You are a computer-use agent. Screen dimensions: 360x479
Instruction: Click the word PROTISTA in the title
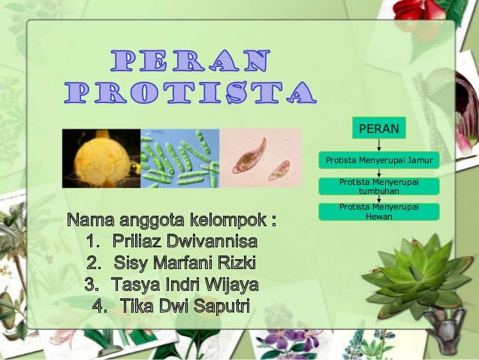[190, 92]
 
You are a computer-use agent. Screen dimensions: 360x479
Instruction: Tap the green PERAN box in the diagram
[378, 129]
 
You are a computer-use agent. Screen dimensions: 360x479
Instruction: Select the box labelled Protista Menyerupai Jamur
[378, 160]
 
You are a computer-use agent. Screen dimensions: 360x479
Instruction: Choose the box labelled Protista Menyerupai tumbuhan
[378, 186]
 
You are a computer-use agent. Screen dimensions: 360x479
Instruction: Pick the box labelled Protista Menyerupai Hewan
[378, 211]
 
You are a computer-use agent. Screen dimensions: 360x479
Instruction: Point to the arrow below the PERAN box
[378, 145]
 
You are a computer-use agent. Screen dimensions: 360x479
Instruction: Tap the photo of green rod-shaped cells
[179, 159]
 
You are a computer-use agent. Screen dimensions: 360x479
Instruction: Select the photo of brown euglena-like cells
[260, 158]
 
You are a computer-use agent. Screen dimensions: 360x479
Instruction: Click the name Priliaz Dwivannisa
[185, 242]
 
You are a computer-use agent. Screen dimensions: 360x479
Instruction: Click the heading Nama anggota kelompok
[172, 221]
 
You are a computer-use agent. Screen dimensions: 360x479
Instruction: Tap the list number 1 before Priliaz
[92, 242]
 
